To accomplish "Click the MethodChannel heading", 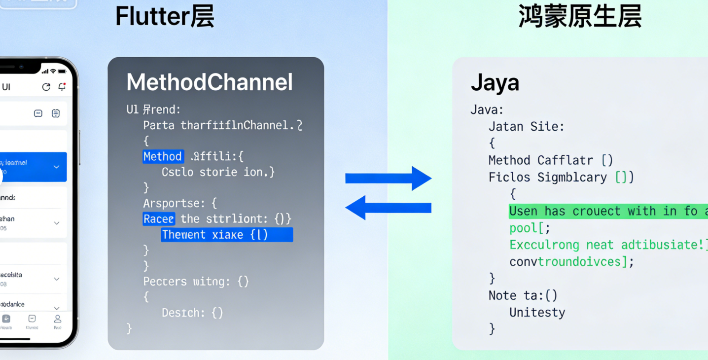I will pyautogui.click(x=210, y=82).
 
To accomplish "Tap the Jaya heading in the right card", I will pyautogui.click(x=495, y=83).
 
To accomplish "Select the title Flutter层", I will pyautogui.click(x=165, y=17).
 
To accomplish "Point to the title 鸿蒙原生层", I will pyautogui.click(x=580, y=17).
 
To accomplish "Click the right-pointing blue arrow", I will pyautogui.click(x=389, y=178).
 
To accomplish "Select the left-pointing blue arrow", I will pyautogui.click(x=389, y=208).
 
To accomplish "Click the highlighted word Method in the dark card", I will pyautogui.click(x=163, y=157).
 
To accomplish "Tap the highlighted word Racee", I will pyautogui.click(x=158, y=218).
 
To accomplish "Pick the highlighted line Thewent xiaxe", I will pyautogui.click(x=227, y=235).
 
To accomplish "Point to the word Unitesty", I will pyautogui.click(x=537, y=313).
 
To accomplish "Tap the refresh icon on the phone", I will pyautogui.click(x=46, y=87).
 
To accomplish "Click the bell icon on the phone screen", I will pyautogui.click(x=62, y=87).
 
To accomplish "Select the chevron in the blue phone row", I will pyautogui.click(x=56, y=167).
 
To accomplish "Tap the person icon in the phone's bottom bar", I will pyautogui.click(x=58, y=319).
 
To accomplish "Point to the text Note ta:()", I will pyautogui.click(x=523, y=295).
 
